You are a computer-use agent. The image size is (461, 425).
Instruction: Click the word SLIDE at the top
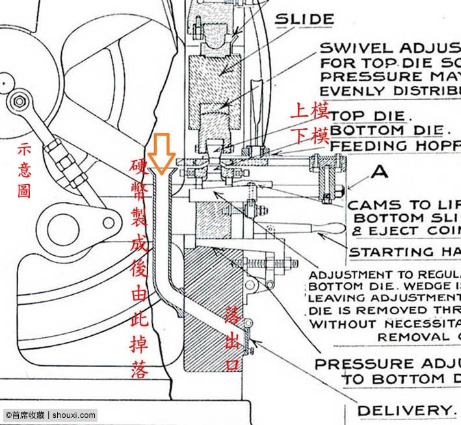[305, 19]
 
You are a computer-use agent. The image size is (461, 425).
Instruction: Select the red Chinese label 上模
[310, 110]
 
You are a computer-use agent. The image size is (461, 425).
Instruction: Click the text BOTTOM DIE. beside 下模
[377, 131]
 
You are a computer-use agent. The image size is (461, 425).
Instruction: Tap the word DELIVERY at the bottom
[404, 410]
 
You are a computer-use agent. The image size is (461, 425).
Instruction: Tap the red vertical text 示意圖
[24, 170]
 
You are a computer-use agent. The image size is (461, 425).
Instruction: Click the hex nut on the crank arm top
[19, 101]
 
